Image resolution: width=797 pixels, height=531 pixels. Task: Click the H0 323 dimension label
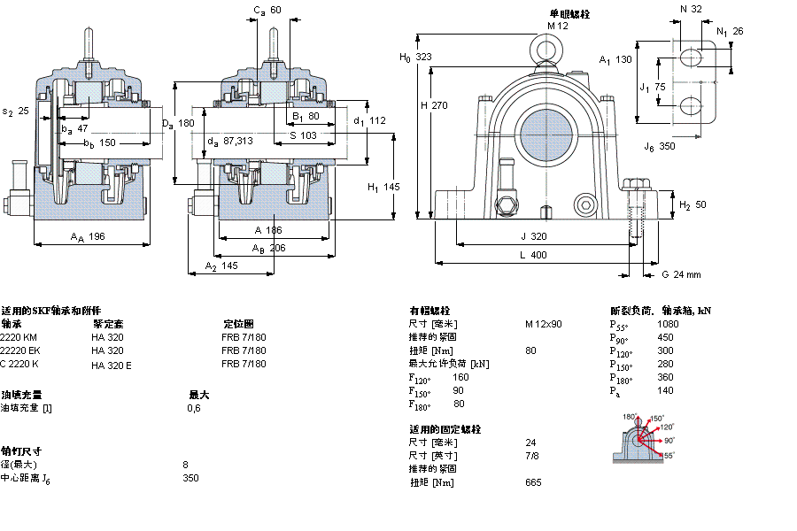(416, 57)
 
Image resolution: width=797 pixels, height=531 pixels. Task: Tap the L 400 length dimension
(534, 255)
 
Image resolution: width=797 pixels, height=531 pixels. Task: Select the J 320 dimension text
(534, 236)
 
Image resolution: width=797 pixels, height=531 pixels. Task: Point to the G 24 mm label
(681, 274)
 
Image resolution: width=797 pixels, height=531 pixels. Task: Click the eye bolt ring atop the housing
(544, 47)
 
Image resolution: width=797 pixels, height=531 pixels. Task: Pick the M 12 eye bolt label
(557, 26)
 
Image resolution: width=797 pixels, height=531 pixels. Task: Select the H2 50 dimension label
(691, 205)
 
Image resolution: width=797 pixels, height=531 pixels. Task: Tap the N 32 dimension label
(691, 9)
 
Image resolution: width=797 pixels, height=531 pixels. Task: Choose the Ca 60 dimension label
(267, 11)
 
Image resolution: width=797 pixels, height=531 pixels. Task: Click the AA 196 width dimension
(88, 236)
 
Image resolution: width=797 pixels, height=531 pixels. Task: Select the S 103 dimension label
(302, 135)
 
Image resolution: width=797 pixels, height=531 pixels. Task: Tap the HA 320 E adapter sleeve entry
(112, 365)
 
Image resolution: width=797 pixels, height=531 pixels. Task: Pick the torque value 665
(533, 482)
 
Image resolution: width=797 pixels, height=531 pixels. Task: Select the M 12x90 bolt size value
(543, 324)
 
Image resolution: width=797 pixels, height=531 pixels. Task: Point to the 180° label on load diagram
(630, 417)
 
